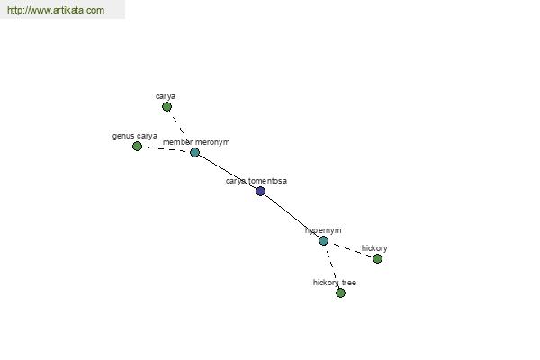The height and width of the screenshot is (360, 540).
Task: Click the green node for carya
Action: pyautogui.click(x=166, y=107)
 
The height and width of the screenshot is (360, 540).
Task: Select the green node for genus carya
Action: pyautogui.click(x=137, y=147)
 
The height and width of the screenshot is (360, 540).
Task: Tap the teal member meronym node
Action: pyautogui.click(x=194, y=152)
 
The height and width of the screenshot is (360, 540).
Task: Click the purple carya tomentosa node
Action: pyautogui.click(x=260, y=191)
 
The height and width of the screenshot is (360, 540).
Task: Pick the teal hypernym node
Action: pyautogui.click(x=323, y=241)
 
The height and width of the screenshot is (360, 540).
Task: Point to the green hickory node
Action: pyautogui.click(x=377, y=258)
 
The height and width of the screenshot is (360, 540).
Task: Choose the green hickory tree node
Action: pyautogui.click(x=340, y=293)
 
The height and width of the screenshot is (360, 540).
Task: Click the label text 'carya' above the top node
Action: pyautogui.click(x=166, y=96)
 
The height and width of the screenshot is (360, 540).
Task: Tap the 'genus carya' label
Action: pyautogui.click(x=135, y=136)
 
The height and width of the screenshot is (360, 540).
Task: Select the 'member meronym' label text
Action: pyautogui.click(x=196, y=142)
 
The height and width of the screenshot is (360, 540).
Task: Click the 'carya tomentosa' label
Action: pyautogui.click(x=256, y=181)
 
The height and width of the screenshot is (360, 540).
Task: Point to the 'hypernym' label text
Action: pyautogui.click(x=323, y=230)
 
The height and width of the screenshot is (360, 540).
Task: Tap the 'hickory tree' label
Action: pyautogui.click(x=335, y=283)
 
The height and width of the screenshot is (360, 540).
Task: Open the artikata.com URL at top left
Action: pyautogui.click(x=56, y=10)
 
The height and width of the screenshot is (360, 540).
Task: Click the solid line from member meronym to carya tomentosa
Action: pyautogui.click(x=228, y=172)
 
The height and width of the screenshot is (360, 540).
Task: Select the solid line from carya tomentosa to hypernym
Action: pyautogui.click(x=292, y=216)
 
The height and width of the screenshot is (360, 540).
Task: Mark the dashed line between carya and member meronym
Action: pyautogui.click(x=179, y=128)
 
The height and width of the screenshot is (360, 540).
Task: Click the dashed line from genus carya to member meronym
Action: pyautogui.click(x=166, y=149)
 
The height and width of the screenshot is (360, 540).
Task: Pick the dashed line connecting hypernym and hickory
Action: pyautogui.click(x=351, y=250)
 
